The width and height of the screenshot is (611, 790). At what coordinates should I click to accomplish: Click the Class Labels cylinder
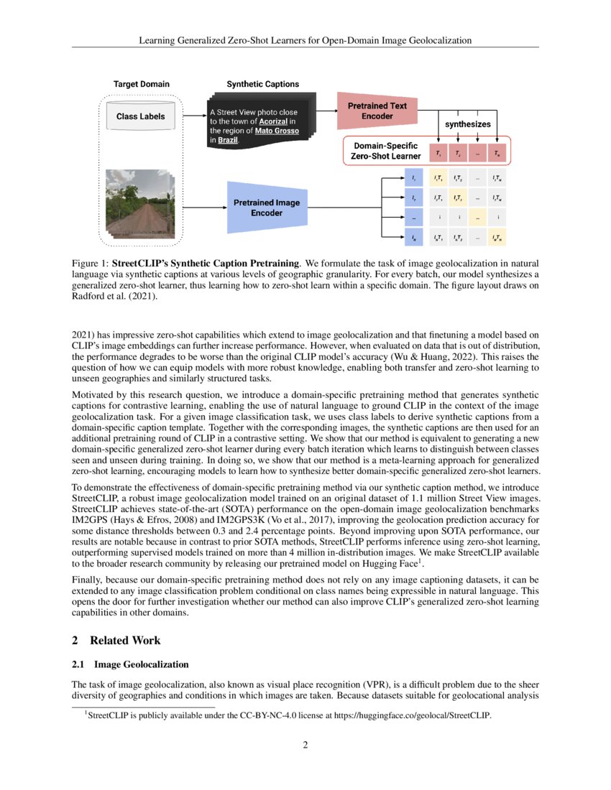141,116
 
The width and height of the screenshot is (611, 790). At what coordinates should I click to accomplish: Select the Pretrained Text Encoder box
377,111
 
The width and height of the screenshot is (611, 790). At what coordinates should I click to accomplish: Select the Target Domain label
142,84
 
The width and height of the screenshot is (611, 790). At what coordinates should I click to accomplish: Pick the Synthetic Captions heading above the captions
263,84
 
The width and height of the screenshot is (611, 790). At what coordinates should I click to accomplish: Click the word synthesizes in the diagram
467,124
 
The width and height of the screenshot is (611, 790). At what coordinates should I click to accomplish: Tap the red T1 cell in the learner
438,153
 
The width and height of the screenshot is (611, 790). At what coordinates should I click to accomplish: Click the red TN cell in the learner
497,153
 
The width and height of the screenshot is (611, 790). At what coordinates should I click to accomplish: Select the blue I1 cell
413,177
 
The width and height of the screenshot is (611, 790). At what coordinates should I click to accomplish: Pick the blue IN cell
413,236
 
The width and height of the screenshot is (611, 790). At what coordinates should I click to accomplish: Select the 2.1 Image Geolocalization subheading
130,665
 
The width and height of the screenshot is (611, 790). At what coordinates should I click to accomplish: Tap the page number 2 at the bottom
305,745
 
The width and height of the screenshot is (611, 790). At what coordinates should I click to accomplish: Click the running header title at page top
305,40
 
